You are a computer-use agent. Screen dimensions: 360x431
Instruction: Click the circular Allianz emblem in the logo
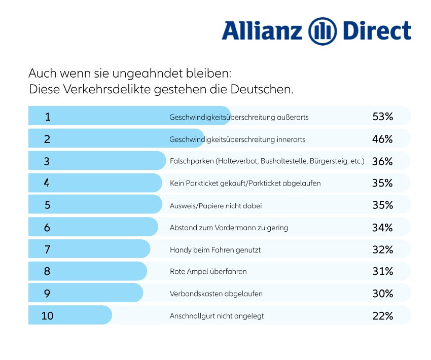(322, 31)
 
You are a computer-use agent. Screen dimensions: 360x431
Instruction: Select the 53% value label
(382, 117)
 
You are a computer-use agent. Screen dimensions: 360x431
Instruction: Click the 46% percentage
(382, 139)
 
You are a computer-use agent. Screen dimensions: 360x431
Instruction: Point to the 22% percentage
(382, 316)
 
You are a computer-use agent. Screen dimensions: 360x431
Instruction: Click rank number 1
(48, 117)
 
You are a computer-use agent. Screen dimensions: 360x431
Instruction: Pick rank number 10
(47, 316)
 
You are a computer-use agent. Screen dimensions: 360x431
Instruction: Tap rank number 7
(47, 249)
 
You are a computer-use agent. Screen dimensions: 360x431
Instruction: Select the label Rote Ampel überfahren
(208, 272)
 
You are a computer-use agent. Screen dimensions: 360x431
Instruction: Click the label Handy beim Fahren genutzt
(215, 250)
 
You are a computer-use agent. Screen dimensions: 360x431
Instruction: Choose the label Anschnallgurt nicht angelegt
(217, 316)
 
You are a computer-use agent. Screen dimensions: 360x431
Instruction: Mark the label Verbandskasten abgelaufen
(216, 294)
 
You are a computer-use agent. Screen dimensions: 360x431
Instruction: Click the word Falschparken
(191, 161)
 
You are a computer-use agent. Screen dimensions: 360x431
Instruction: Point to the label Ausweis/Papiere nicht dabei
(215, 205)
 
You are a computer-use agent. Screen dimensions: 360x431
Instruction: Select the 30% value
(382, 294)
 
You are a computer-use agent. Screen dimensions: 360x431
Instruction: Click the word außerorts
(293, 117)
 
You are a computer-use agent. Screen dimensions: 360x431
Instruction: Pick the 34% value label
(382, 228)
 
